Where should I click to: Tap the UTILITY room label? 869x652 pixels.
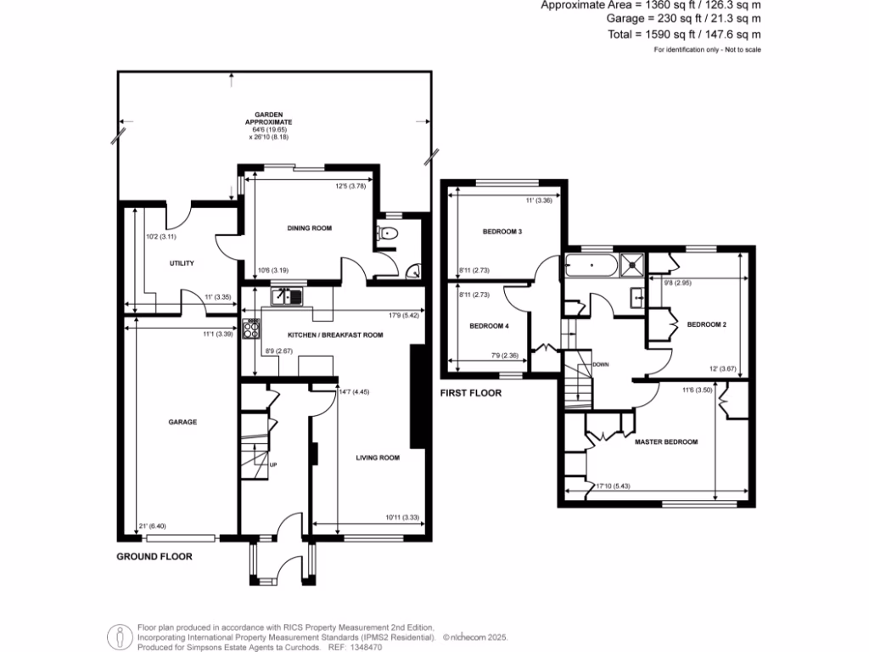click(x=182, y=263)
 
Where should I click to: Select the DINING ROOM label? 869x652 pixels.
click(x=310, y=228)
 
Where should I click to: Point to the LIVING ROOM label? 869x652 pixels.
click(x=378, y=458)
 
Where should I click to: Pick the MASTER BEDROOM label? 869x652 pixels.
click(x=666, y=442)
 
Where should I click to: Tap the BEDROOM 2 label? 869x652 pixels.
click(x=706, y=324)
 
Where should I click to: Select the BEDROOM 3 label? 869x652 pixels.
click(x=502, y=231)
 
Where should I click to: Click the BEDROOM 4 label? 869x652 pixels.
click(x=490, y=326)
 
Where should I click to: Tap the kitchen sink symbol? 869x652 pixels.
click(x=287, y=296)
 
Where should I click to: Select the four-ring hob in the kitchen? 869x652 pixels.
click(x=252, y=328)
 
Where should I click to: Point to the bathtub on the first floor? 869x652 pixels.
click(x=589, y=265)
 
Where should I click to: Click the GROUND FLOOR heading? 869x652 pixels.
click(x=154, y=557)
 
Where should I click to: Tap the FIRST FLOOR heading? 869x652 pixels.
click(x=470, y=393)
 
